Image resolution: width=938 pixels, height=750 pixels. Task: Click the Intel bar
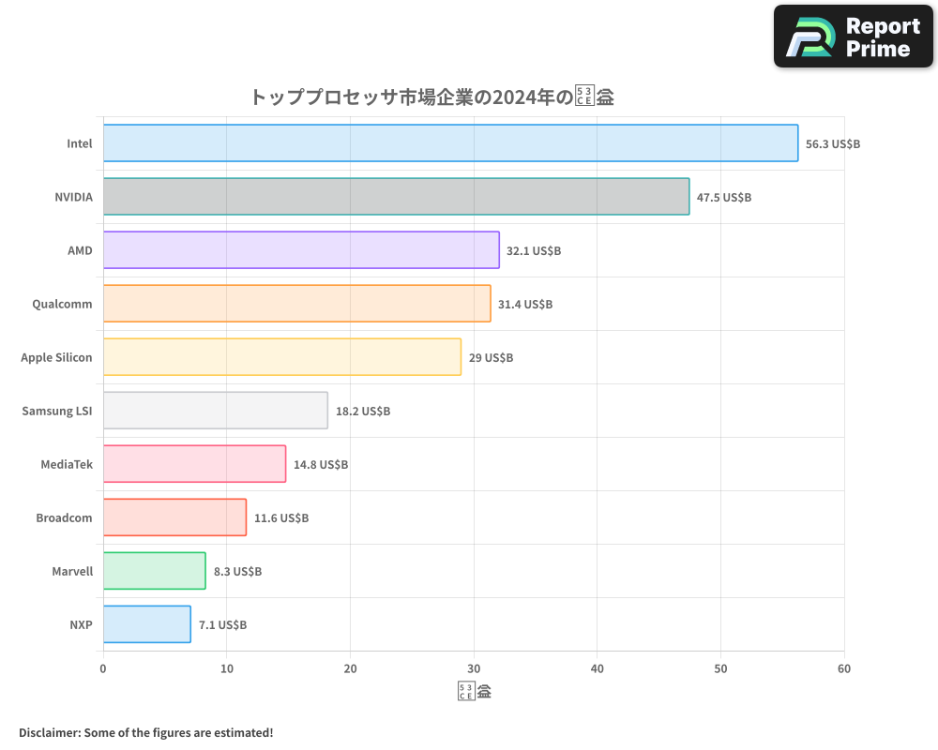(450, 143)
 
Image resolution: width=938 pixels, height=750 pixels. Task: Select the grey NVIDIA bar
(396, 197)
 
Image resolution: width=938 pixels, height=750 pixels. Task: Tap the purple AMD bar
(301, 250)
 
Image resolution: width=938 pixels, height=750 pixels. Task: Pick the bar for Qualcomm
(296, 304)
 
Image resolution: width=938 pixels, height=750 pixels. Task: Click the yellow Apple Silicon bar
(281, 357)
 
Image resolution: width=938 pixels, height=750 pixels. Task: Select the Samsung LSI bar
(215, 411)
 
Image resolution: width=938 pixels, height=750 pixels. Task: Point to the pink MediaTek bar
(194, 464)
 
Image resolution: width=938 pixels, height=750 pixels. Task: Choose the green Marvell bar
(154, 571)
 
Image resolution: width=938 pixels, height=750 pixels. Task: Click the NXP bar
(146, 624)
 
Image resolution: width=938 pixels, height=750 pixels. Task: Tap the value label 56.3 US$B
(833, 144)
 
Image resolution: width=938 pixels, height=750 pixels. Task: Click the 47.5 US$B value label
(724, 198)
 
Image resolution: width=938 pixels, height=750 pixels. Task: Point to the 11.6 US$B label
(281, 518)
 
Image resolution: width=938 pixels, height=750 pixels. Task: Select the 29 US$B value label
(491, 358)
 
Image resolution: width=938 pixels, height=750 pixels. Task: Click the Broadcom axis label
(64, 518)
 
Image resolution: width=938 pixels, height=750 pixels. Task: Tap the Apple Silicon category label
(56, 358)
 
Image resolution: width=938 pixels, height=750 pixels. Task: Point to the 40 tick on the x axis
(598, 669)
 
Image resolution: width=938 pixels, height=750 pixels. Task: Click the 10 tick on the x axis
(226, 669)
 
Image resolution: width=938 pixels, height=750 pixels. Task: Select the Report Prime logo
(853, 37)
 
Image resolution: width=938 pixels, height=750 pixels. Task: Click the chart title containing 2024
(431, 97)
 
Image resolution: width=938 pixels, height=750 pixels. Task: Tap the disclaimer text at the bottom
(145, 732)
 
